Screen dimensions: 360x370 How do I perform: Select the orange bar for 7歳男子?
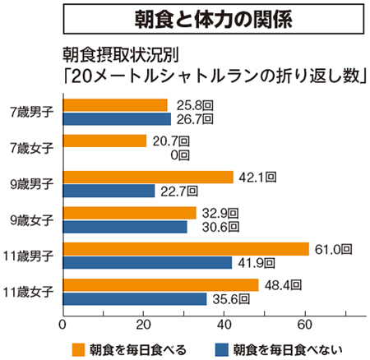115,104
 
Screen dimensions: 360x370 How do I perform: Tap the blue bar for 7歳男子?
117,118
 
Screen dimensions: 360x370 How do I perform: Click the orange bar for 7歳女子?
104,141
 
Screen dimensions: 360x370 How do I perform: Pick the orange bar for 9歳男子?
148,177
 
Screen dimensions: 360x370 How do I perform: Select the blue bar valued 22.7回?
109,191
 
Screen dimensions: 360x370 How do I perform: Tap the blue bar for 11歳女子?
135,298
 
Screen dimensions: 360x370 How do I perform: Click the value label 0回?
179,155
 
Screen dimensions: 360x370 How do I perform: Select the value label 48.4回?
284,284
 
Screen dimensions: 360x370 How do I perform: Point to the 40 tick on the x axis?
224,323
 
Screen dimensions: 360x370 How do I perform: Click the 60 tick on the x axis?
305,323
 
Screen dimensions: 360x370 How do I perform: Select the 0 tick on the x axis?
63,323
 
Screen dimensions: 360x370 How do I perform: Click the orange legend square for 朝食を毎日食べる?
79,347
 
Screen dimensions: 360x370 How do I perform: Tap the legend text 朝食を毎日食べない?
284,347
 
